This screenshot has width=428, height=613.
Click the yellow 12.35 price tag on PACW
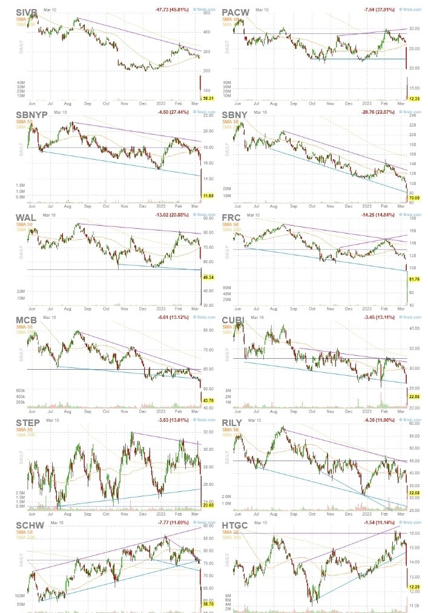tap(414, 98)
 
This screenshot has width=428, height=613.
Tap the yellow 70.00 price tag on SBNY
tap(414, 198)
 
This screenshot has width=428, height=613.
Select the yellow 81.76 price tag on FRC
tap(414, 279)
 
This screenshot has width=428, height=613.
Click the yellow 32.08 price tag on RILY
tap(414, 493)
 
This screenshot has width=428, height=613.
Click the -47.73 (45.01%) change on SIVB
tap(173, 10)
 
